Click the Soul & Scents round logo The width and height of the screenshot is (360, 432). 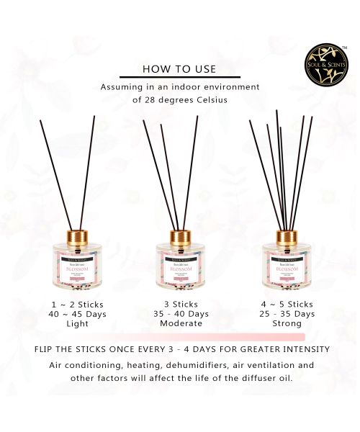[325, 63]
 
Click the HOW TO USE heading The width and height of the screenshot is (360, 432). [179, 69]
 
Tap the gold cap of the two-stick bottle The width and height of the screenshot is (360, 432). [73, 236]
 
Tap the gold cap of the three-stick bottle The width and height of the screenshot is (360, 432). [179, 236]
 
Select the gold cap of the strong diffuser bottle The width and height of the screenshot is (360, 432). [286, 236]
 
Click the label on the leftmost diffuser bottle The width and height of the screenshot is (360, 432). [73, 266]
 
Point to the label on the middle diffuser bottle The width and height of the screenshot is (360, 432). [179, 266]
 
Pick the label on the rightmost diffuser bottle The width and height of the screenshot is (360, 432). [286, 266]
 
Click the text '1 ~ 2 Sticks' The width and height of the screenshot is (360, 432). [73, 304]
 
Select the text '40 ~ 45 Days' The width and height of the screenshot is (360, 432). [73, 314]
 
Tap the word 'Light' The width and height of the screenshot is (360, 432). [73, 324]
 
